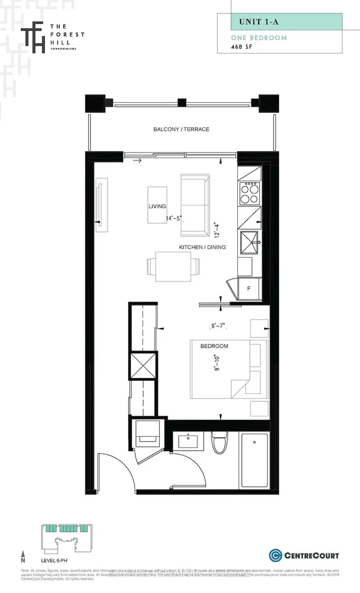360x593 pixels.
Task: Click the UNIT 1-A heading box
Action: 287,22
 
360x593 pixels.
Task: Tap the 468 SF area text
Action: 243,47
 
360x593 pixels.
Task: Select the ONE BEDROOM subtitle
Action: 259,38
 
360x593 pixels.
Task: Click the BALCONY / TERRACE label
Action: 181,129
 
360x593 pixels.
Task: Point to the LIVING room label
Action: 157,206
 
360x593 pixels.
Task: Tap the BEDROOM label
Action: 214,345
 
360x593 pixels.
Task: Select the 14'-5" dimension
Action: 174,218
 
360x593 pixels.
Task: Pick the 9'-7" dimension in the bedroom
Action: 217,325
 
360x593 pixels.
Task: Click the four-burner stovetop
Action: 250,194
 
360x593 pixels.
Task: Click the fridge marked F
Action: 249,289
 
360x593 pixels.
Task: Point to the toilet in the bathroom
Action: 218,442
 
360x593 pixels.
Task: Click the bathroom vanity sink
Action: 187,440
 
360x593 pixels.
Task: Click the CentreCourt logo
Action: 304,555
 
